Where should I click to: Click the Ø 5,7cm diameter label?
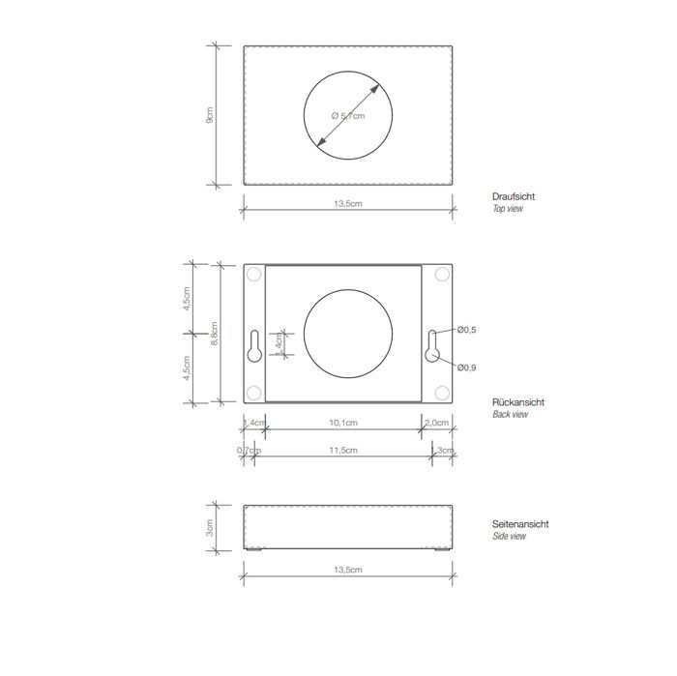click(x=348, y=115)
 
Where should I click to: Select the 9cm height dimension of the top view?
click(x=210, y=115)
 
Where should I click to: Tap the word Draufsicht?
click(x=514, y=196)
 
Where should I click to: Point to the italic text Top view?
click(x=508, y=208)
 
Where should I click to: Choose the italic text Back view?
click(x=510, y=414)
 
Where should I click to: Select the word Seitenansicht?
click(x=521, y=524)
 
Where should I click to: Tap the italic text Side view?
click(x=510, y=536)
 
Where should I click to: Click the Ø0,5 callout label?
click(x=466, y=331)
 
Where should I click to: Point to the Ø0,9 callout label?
click(x=466, y=367)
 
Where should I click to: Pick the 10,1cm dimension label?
click(x=344, y=423)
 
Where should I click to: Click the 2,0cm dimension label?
click(x=436, y=423)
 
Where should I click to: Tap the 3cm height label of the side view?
click(x=210, y=527)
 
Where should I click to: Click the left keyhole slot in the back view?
click(x=252, y=348)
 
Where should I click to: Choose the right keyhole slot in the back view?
click(x=432, y=348)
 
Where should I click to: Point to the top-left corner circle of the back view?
click(x=253, y=276)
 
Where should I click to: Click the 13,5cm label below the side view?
click(x=348, y=572)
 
